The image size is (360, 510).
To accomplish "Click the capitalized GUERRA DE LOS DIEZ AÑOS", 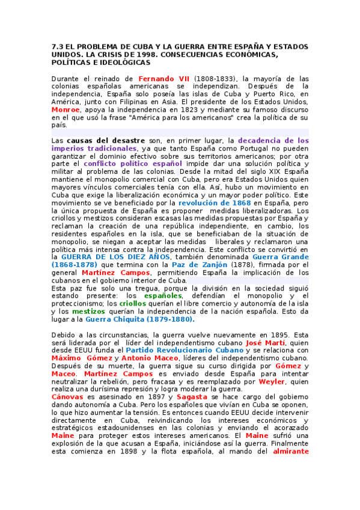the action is coord(108,257).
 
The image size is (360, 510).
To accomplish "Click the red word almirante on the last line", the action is coord(290,451).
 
